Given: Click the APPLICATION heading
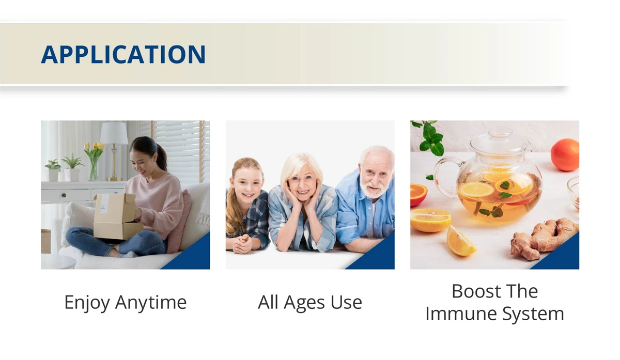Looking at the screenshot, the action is click(x=123, y=55).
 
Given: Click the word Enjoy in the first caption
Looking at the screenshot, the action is click(x=87, y=303).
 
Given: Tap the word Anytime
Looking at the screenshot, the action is click(x=151, y=303).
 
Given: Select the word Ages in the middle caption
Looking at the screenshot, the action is click(x=304, y=303).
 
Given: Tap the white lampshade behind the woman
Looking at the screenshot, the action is click(x=114, y=133).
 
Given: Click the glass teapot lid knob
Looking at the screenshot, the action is click(x=500, y=132).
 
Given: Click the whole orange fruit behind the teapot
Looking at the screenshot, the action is click(x=565, y=155).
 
